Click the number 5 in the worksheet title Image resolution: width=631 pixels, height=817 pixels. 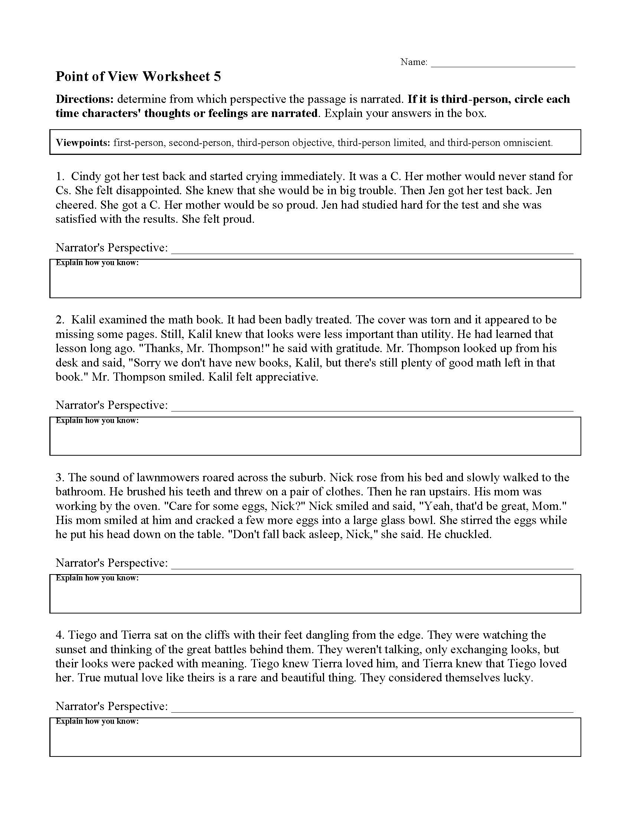(217, 77)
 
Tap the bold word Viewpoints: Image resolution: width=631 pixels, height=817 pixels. (83, 143)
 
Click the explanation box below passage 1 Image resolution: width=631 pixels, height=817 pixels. (315, 283)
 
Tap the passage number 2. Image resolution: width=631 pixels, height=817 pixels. (60, 320)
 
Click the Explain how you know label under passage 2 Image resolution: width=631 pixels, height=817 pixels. (97, 420)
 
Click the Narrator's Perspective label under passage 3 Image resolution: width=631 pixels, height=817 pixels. (111, 563)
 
